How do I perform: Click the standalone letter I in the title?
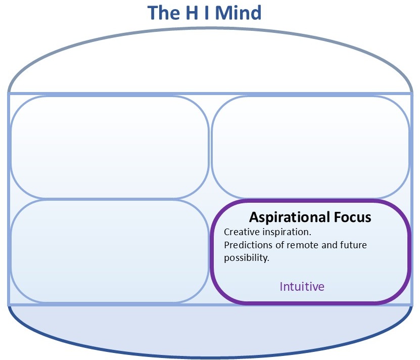click(206, 13)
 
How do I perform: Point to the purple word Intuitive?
click(302, 287)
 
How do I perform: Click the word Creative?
click(241, 233)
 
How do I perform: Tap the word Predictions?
click(247, 245)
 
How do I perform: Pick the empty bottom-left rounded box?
click(109, 251)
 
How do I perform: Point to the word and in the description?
click(325, 245)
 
